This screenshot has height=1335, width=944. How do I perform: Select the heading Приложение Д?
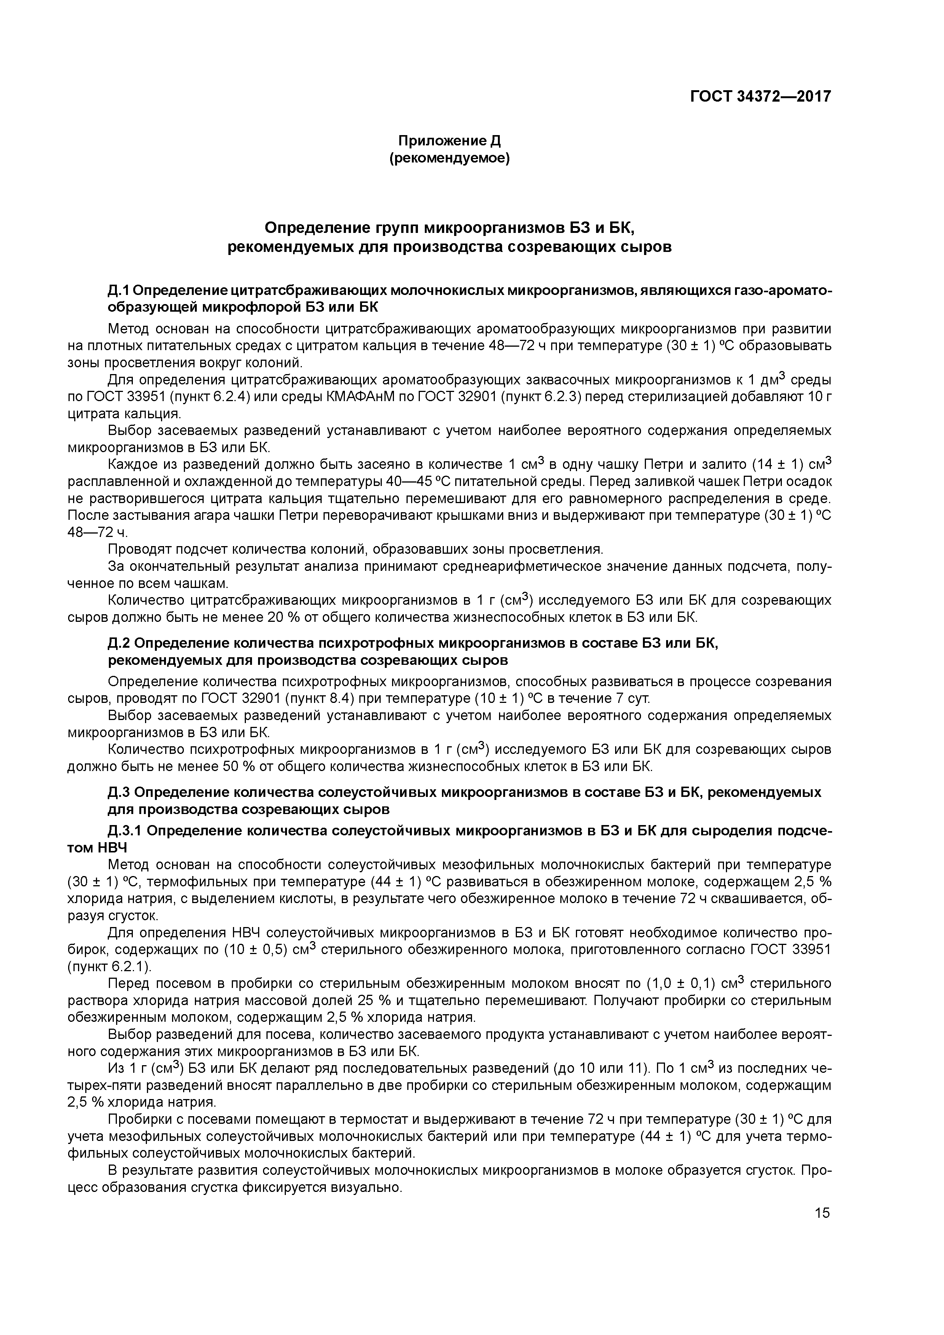[x=449, y=141]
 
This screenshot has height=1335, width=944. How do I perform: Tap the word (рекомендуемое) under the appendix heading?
[x=449, y=158]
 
